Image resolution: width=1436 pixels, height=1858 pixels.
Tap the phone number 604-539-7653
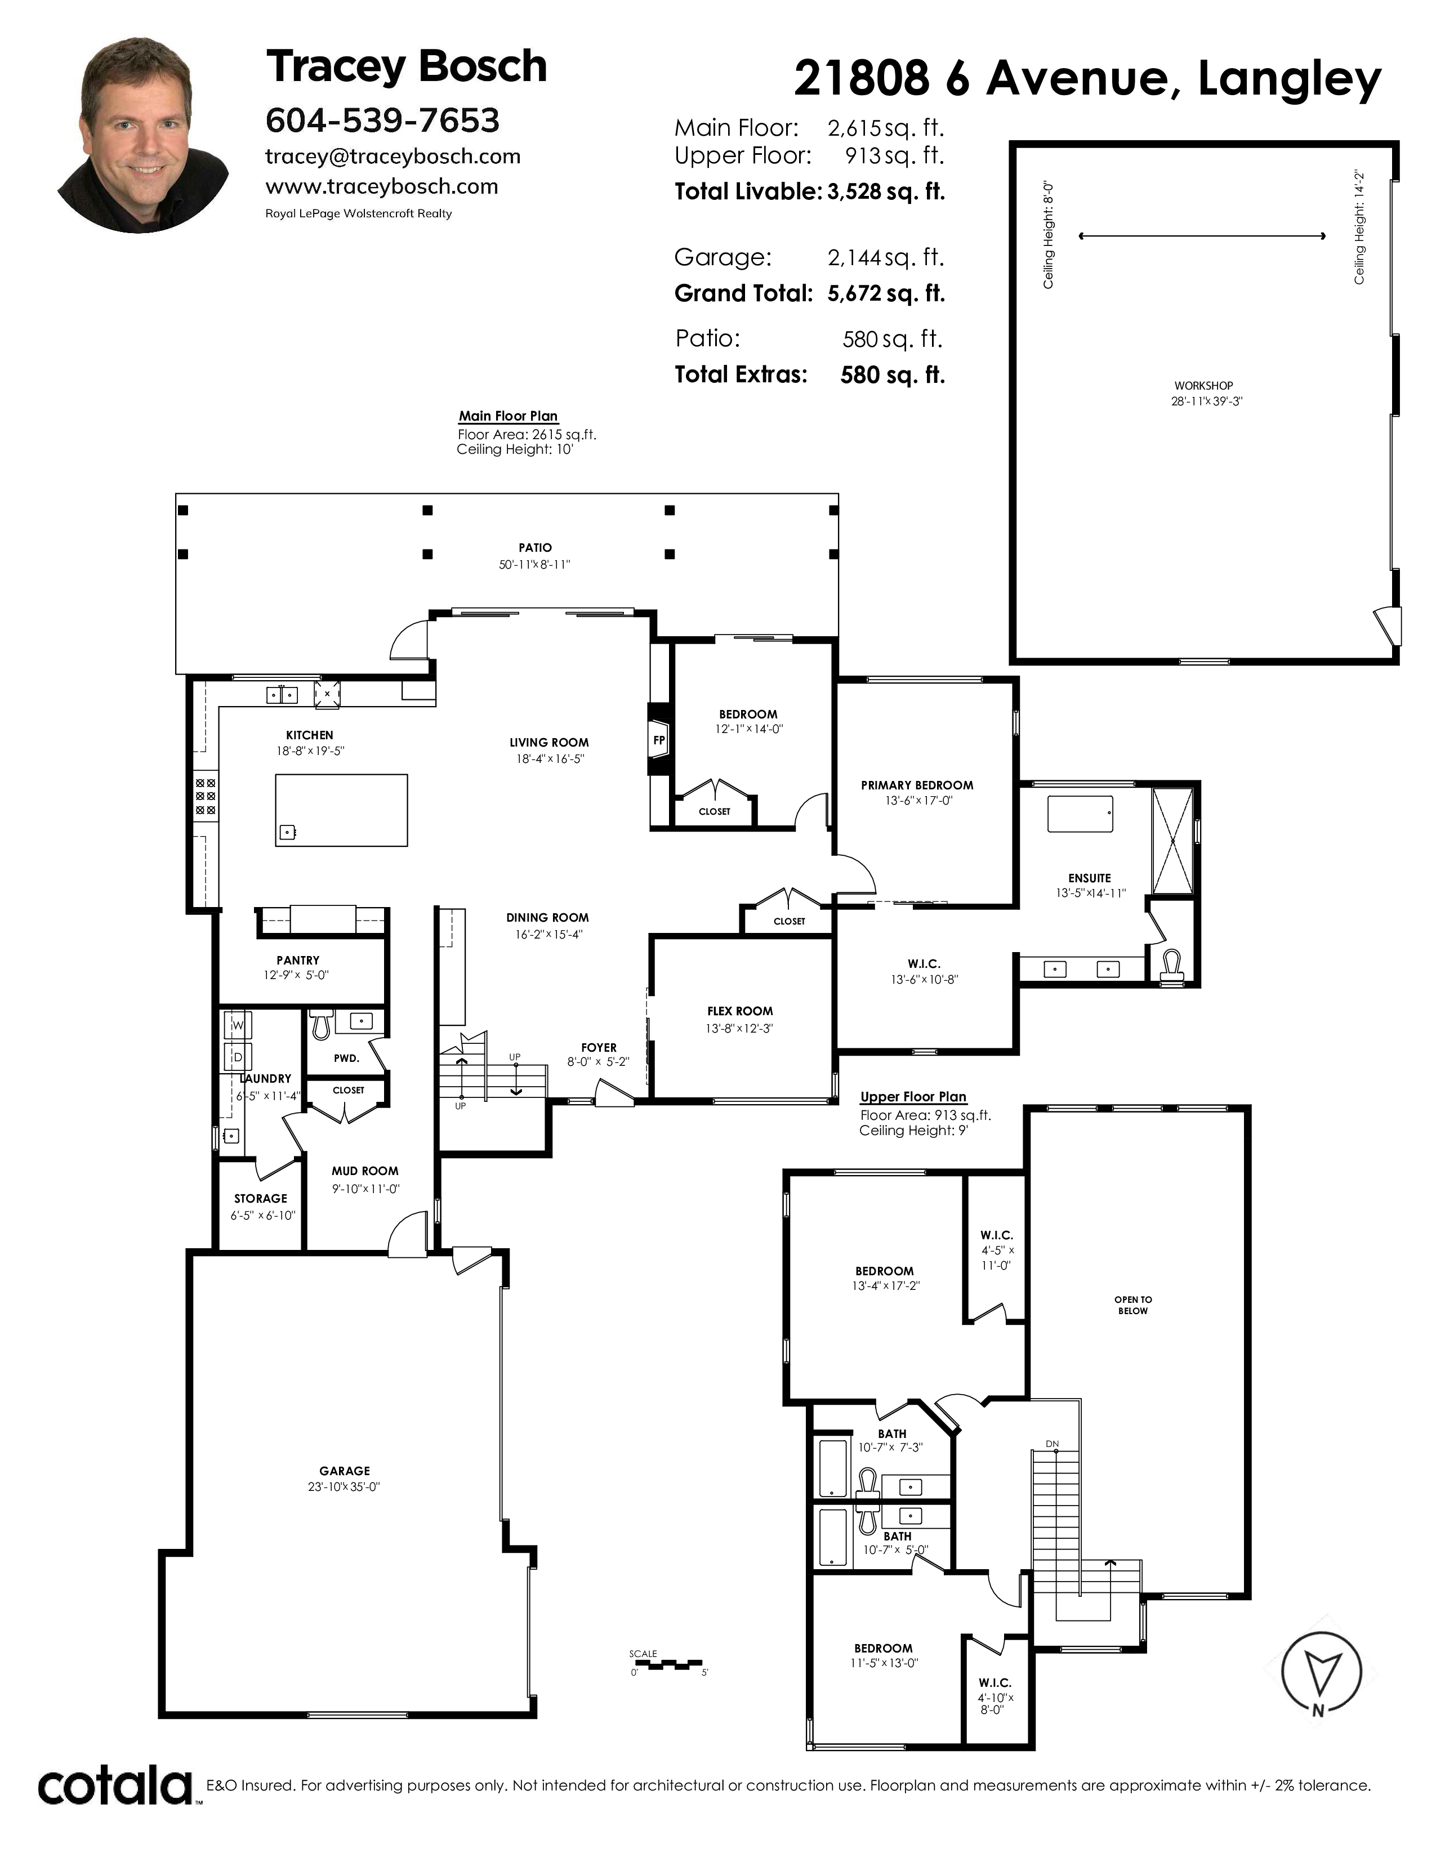383,121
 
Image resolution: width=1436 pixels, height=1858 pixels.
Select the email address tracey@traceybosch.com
393,157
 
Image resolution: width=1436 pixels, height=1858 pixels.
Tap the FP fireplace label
658,740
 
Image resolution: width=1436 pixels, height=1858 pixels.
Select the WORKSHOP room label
1204,385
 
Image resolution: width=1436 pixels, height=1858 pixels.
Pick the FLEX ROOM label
740,1011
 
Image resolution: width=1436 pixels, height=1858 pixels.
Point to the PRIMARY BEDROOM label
917,784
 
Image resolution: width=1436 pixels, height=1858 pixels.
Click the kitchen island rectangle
341,810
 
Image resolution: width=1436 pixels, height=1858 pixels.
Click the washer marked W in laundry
237,1025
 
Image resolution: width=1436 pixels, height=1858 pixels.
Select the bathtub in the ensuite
1080,814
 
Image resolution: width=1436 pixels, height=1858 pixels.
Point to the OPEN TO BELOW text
1133,1305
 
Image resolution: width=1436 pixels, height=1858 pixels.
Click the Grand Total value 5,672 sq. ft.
886,293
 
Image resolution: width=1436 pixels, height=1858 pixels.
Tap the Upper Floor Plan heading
913,1097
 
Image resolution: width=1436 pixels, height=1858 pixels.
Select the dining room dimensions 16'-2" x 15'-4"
548,934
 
